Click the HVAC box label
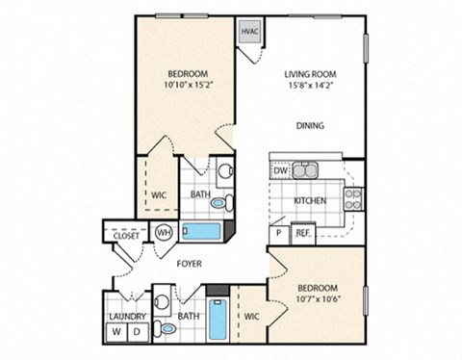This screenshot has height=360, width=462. click(x=250, y=31)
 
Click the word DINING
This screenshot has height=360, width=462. click(x=309, y=125)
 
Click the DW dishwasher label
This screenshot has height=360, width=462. click(x=280, y=170)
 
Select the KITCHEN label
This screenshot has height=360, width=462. click(x=310, y=201)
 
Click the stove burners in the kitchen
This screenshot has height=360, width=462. click(x=353, y=198)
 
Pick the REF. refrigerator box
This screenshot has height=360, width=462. click(x=302, y=232)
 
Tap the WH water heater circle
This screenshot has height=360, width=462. click(x=164, y=232)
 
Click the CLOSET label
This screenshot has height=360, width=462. click(x=126, y=234)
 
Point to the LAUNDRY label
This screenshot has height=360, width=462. click(x=126, y=316)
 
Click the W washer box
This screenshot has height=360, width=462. click(x=118, y=332)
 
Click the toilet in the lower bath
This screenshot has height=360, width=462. click(x=167, y=328)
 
